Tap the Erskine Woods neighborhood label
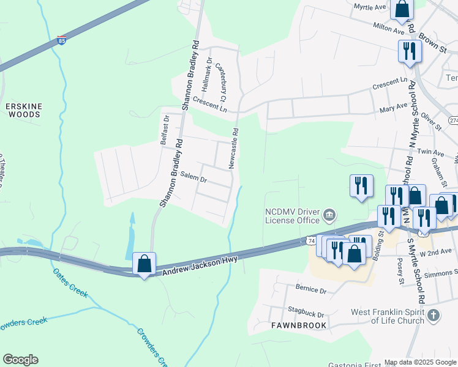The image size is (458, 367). pos(24,110)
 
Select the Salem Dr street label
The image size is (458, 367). pos(195,180)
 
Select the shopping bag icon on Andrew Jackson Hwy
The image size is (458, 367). pos(144,264)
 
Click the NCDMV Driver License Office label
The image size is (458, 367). pos(292,216)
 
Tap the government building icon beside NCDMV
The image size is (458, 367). pos(329,214)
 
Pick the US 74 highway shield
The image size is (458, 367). pos(311,242)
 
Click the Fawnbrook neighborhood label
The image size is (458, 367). pos(299,325)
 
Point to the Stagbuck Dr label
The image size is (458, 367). pos(308,315)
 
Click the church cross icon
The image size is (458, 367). pos(434,316)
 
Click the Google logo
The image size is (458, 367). pos(20,360)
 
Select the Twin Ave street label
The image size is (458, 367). pos(430,152)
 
